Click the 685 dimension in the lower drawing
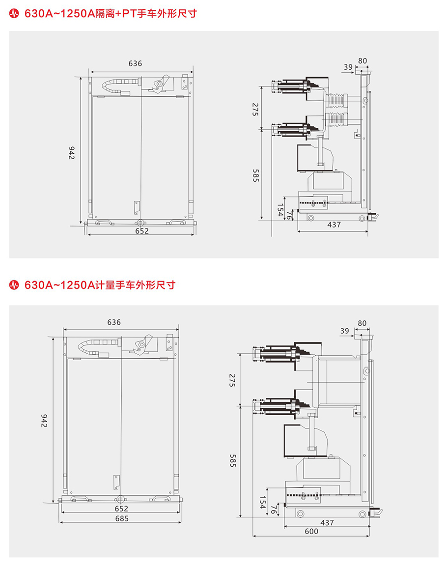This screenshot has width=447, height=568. click(121, 518)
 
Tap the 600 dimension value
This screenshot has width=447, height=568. click(311, 531)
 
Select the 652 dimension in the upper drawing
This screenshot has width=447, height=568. click(141, 231)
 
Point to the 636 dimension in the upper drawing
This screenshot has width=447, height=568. click(135, 63)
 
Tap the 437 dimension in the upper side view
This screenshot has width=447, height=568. click(334, 225)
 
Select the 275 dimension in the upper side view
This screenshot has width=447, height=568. click(255, 109)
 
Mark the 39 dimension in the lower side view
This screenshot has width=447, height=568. click(344, 331)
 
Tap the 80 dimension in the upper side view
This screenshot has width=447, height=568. click(363, 61)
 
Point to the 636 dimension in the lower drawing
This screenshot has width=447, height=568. click(113, 322)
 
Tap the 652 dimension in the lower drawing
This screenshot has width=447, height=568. click(121, 509)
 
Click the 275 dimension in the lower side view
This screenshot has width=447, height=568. click(232, 380)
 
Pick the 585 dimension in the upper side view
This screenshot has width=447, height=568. click(255, 175)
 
